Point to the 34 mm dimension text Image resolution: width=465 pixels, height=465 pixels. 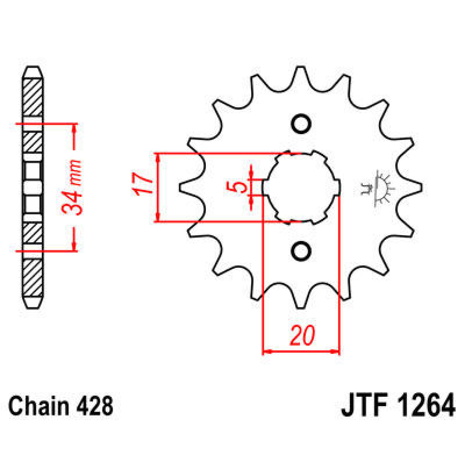pos(72,188)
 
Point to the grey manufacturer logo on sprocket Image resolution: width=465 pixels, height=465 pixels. pos(377,188)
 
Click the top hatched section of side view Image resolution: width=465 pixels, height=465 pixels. pos(33,97)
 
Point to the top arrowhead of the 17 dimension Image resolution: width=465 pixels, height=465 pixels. pos(157,157)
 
